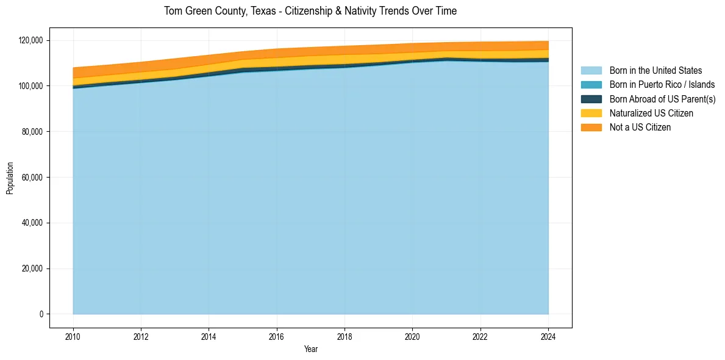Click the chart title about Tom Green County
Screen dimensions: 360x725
click(310, 11)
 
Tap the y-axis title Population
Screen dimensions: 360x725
click(10, 178)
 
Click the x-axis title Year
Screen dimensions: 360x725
click(310, 349)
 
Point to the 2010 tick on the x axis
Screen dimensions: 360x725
click(73, 336)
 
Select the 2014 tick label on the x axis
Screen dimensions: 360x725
click(209, 336)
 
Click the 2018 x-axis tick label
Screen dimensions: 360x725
click(345, 336)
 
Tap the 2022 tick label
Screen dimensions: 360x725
click(480, 336)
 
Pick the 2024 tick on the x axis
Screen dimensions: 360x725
click(548, 336)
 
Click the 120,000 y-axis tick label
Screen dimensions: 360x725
click(31, 40)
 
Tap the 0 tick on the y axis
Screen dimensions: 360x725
click(41, 314)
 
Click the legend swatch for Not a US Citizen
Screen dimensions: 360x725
click(591, 128)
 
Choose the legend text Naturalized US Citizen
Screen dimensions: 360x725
click(651, 113)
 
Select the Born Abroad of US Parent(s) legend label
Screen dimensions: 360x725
click(662, 99)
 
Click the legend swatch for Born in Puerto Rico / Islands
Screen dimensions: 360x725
click(591, 85)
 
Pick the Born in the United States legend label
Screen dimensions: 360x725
click(655, 71)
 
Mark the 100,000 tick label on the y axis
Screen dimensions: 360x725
click(31, 86)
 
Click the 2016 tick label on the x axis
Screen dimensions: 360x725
click(277, 336)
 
